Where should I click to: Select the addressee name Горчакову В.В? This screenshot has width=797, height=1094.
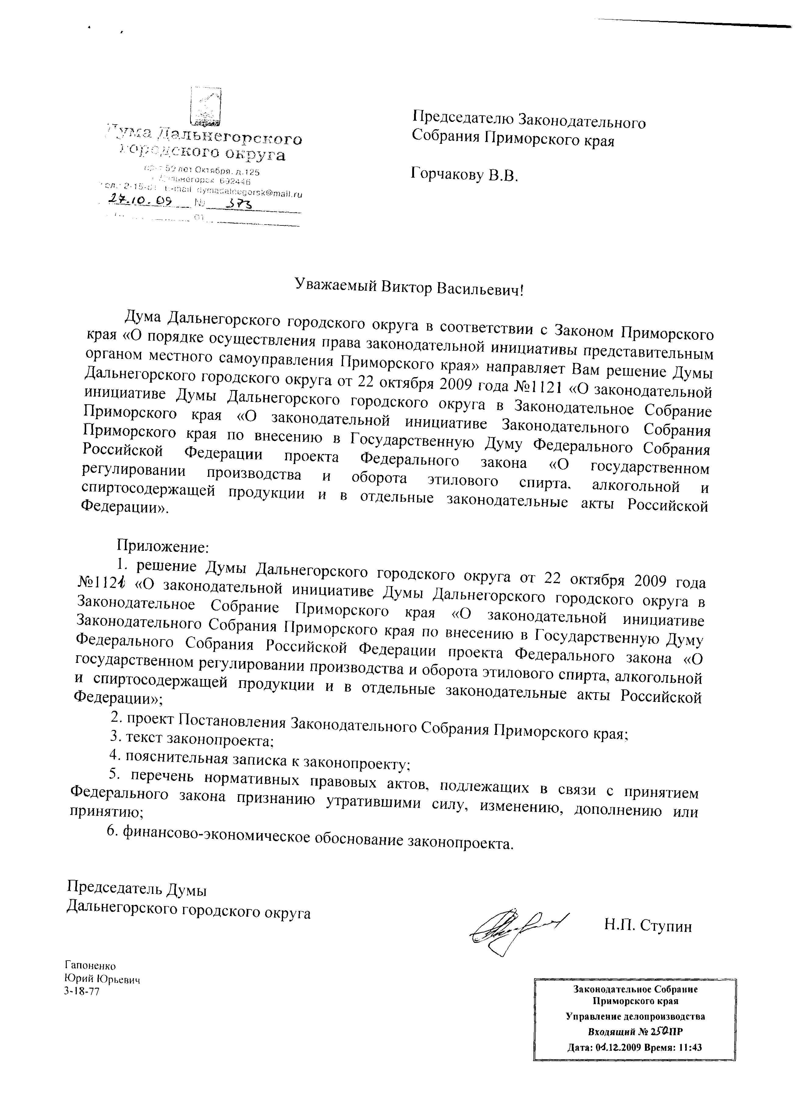click(464, 175)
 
